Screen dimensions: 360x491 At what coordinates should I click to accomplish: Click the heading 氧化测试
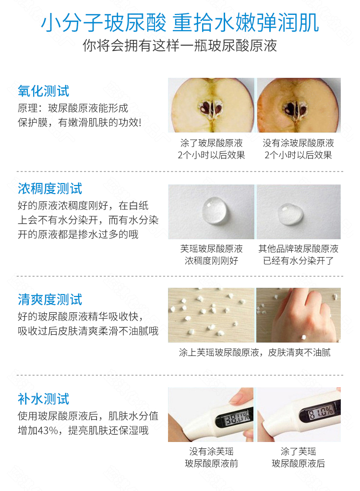(43, 91)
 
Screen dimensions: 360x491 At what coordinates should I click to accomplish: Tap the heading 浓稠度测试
(50, 189)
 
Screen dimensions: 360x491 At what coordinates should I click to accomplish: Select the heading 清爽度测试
(50, 300)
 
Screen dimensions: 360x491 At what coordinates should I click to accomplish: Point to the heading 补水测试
(43, 399)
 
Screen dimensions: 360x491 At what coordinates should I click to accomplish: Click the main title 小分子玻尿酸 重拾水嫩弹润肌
(180, 23)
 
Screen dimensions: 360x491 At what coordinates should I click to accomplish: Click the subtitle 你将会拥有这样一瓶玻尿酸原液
(180, 46)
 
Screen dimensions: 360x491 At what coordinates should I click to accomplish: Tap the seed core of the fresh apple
(211, 109)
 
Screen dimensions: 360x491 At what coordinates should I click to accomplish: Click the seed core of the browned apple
(295, 109)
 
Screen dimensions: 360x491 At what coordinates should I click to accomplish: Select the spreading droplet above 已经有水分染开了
(290, 214)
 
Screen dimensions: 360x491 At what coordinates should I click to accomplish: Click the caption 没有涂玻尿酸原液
(298, 143)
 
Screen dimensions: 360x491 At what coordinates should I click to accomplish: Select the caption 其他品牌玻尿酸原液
(298, 249)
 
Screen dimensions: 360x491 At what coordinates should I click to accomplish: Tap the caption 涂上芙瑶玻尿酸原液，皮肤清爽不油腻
(254, 353)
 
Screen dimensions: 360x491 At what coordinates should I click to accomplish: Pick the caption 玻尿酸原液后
(298, 464)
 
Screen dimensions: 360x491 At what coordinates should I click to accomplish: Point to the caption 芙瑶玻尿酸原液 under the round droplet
(211, 249)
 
